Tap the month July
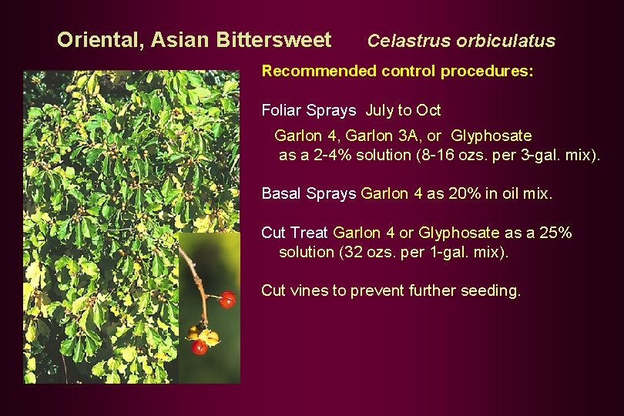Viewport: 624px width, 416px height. pyautogui.click(x=380, y=110)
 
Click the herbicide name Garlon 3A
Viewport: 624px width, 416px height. pyautogui.click(x=377, y=136)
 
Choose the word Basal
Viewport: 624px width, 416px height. pyautogui.click(x=282, y=193)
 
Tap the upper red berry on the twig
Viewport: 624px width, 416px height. pyautogui.click(x=226, y=300)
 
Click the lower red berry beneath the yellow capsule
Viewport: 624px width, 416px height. pyautogui.click(x=200, y=347)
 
